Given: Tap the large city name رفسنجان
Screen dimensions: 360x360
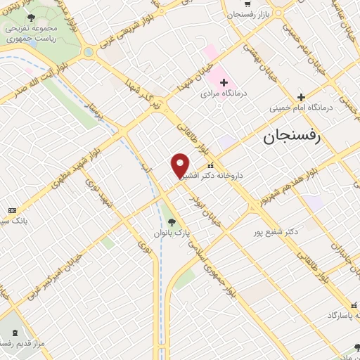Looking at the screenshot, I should (292, 137).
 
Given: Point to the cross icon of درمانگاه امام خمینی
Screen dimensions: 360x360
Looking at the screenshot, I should (300, 97).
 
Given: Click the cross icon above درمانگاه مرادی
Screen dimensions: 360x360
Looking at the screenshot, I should (224, 82).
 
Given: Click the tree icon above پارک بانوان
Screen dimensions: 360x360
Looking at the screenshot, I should (172, 220).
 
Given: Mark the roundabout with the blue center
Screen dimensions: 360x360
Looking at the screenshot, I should (89, 52).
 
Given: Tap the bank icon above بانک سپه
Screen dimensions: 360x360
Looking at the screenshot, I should (12, 210).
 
